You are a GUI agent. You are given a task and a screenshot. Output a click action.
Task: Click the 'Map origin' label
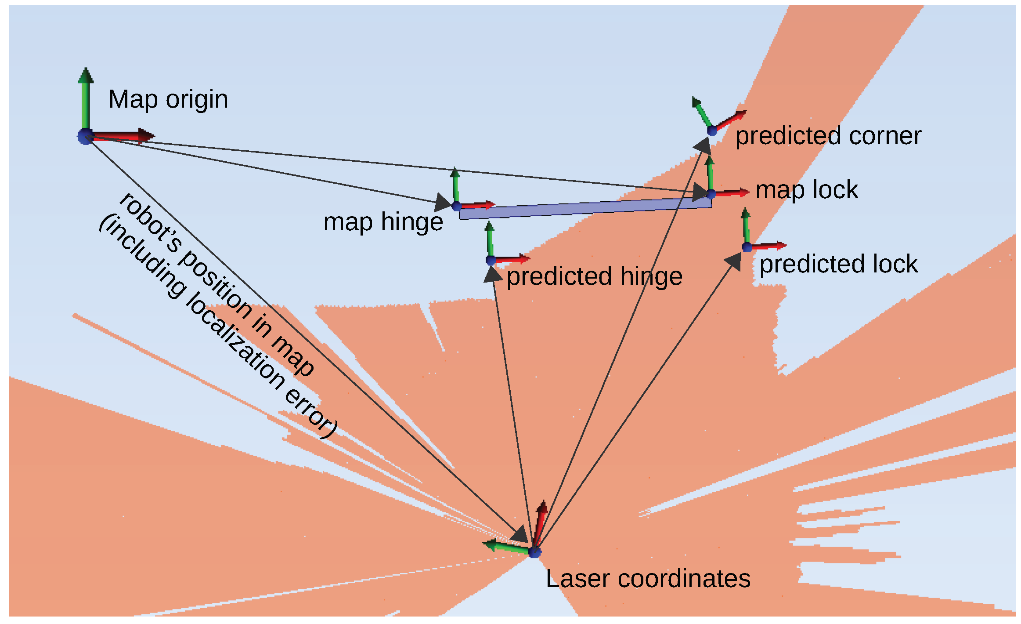tap(168, 99)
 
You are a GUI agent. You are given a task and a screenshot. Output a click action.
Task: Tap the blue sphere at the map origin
tap(85, 137)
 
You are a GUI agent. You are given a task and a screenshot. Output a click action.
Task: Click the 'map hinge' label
tap(383, 222)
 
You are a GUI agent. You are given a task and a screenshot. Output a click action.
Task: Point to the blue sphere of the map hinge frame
tap(457, 207)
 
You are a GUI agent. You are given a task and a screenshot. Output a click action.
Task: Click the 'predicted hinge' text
tap(594, 276)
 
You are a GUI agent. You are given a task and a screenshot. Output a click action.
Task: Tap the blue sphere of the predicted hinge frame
tap(491, 260)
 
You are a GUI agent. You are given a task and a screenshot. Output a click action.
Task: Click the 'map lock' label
tap(807, 190)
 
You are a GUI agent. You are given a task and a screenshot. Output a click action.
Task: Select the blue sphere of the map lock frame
tap(711, 194)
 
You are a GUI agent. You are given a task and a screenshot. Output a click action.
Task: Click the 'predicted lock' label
tap(838, 264)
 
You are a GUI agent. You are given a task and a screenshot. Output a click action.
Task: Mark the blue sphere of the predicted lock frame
tap(747, 247)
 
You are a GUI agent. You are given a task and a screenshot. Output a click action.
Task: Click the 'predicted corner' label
tap(828, 136)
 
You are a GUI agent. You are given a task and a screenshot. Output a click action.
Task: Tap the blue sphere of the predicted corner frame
tap(712, 131)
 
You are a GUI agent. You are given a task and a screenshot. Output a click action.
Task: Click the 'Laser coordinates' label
tap(648, 579)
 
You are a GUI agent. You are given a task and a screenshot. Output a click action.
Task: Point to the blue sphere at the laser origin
tap(534, 552)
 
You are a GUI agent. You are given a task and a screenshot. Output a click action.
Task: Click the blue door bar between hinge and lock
tap(584, 209)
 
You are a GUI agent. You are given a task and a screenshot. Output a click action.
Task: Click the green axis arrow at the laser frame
tap(505, 547)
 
